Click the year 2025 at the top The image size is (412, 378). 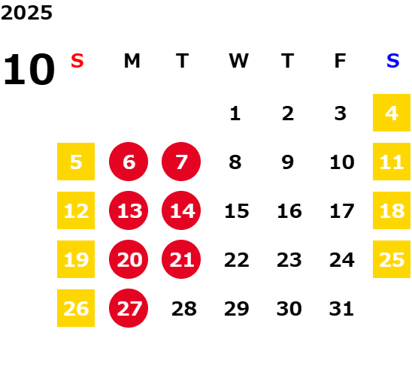coord(26,13)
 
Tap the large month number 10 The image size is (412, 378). coord(29,69)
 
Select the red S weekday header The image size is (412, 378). coord(77,61)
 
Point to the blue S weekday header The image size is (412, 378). coord(392,61)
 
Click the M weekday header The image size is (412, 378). coord(132,61)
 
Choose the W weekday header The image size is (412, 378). coord(238,61)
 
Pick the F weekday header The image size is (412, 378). coord(341,61)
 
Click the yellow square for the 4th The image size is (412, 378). coord(392,113)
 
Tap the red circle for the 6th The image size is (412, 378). coord(129,162)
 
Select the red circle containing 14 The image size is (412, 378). coord(181,210)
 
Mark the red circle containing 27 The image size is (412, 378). coord(129,308)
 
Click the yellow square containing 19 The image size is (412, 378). coord(76,259)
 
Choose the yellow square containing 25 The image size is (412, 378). coord(392,259)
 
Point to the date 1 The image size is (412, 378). coord(235,113)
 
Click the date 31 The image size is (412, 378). coord(341,309)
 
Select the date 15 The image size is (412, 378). coord(237,211)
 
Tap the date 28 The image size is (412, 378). coord(184,309)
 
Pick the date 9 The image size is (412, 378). coord(288,162)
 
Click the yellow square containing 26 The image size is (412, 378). coord(76,308)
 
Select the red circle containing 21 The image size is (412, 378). coord(181,259)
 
